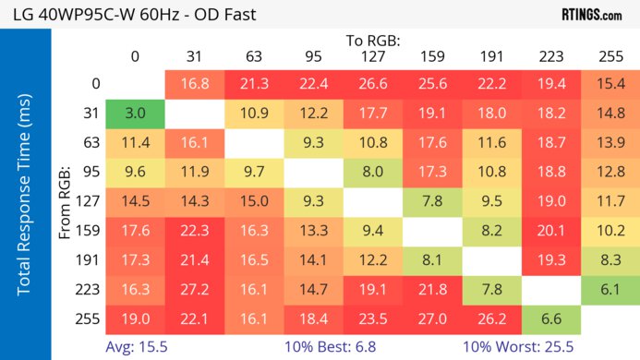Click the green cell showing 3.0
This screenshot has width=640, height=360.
coord(135,114)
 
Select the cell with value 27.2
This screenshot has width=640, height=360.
coord(194,289)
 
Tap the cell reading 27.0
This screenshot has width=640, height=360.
coord(431,318)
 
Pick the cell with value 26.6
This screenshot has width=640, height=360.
coord(372,84)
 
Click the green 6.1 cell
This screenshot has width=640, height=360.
coord(609,289)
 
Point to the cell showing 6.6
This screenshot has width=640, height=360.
coord(549,318)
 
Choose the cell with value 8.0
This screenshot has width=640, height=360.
coord(372,172)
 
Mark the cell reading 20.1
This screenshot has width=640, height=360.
coord(549,231)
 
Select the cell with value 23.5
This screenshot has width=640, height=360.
coord(372,318)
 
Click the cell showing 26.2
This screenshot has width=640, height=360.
coord(490,318)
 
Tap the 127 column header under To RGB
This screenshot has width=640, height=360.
coord(372,56)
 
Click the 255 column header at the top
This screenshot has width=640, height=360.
coord(609,56)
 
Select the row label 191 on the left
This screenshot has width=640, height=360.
coord(90,259)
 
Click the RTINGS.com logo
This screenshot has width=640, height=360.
coord(591,15)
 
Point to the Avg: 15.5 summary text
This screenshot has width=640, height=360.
coord(136,346)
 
